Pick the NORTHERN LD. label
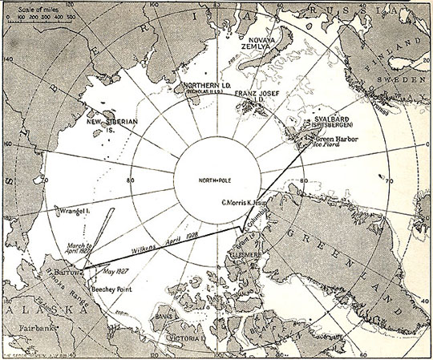tap(185, 87)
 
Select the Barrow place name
tap(71, 272)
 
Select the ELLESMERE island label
tap(245, 258)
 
